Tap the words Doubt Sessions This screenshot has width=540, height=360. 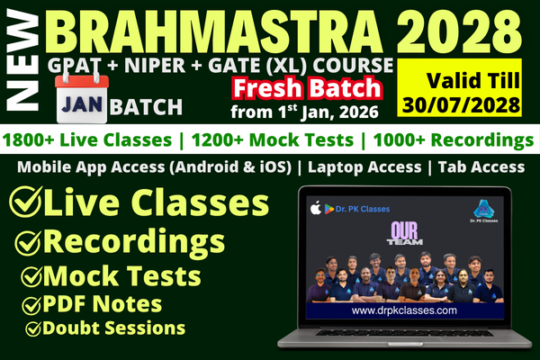pos(116,328)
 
